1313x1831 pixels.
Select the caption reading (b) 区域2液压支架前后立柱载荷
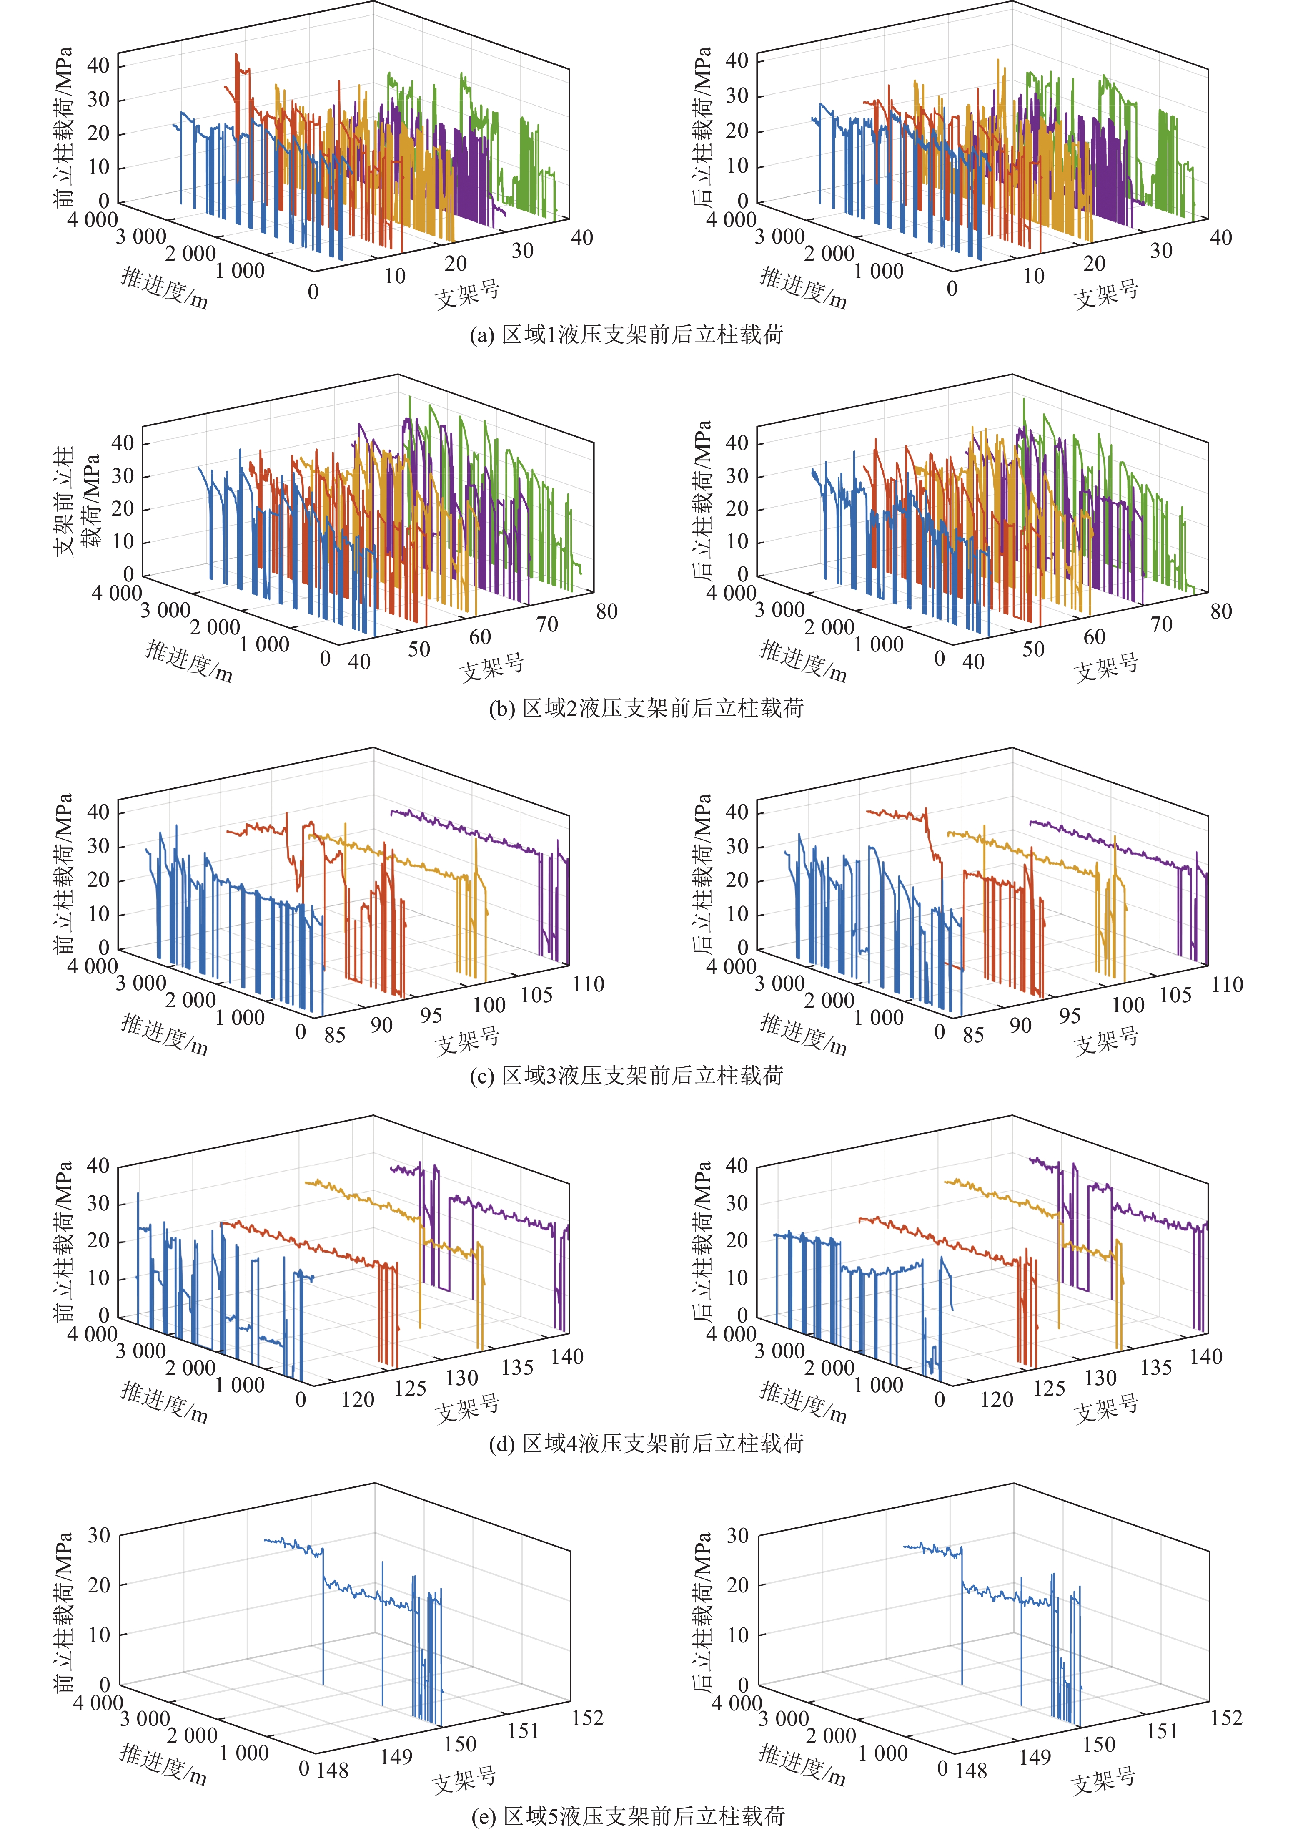pyautogui.click(x=646, y=709)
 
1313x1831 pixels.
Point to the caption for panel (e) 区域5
pyautogui.click(x=627, y=1816)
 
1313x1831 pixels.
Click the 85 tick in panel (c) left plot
pyautogui.click(x=334, y=1035)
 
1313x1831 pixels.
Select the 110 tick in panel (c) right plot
pyautogui.click(x=1227, y=984)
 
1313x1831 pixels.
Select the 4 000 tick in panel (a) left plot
pyautogui.click(x=92, y=219)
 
